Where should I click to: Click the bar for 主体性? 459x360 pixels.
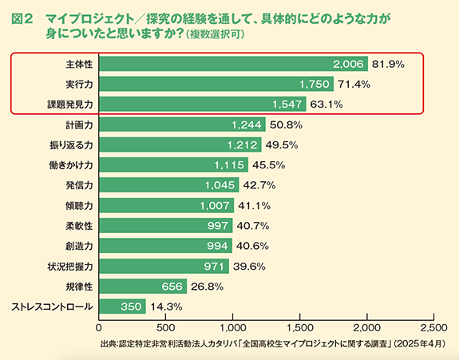(x=231, y=63)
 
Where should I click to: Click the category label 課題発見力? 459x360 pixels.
(x=71, y=104)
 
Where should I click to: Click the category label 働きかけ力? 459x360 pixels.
(x=71, y=164)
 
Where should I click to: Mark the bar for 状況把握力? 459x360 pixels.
(x=163, y=266)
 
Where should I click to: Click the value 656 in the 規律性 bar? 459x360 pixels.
(x=169, y=286)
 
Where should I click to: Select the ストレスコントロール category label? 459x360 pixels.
(x=52, y=307)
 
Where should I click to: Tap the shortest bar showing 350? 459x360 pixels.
(x=122, y=307)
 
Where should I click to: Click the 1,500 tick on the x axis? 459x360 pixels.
(x=299, y=327)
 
